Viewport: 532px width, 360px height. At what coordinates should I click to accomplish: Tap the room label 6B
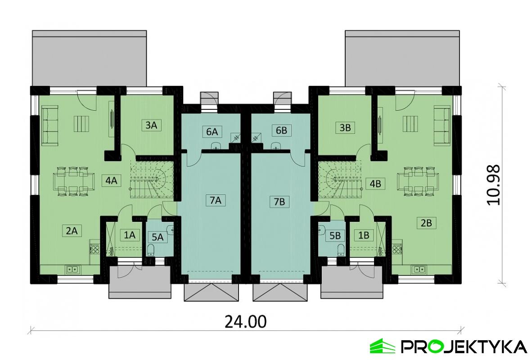pos(281,131)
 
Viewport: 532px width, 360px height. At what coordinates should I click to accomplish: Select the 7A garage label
pos(215,201)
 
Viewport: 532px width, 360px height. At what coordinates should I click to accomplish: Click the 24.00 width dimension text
pos(245,322)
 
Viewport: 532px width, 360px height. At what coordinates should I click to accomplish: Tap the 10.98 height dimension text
pos(494,185)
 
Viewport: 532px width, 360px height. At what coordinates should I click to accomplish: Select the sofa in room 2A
pos(50,126)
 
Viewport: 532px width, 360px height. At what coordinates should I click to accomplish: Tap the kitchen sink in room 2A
pos(72,270)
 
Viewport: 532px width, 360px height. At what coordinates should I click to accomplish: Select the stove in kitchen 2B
pos(397,248)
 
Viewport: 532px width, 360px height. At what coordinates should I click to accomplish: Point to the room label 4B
pos(375,183)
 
